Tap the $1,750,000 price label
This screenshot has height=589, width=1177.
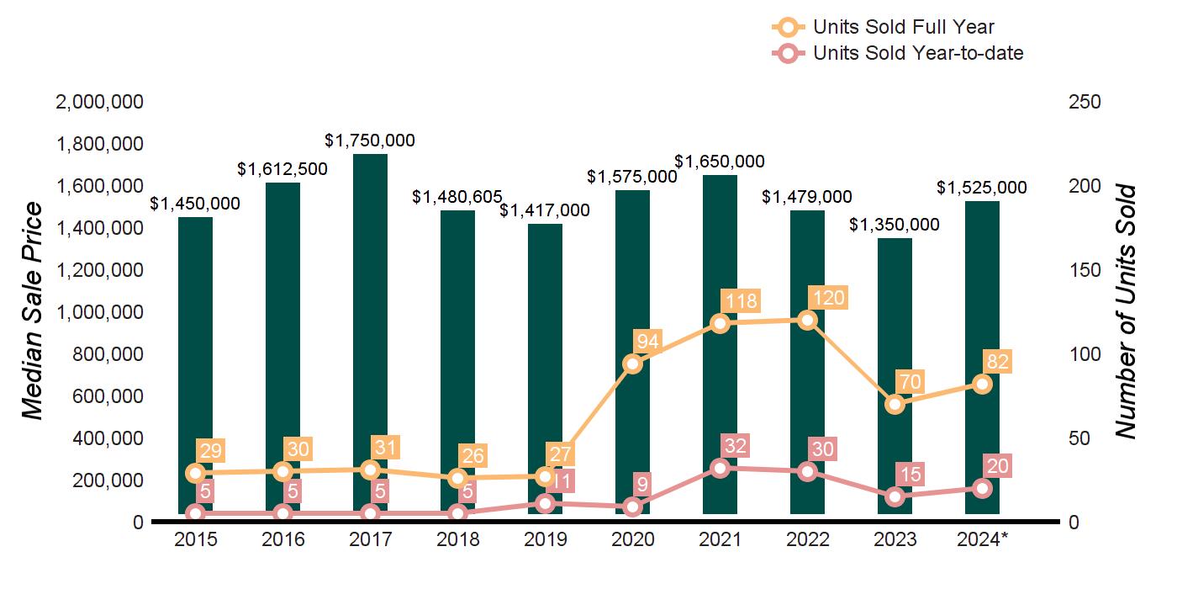[370, 141]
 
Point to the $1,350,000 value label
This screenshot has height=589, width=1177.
[895, 225]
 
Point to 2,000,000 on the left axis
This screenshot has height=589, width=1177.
[99, 102]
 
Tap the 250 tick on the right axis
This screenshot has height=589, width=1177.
[1085, 102]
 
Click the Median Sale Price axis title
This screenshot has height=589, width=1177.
[32, 311]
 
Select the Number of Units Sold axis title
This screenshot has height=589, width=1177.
[1126, 311]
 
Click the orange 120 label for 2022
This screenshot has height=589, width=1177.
[826, 299]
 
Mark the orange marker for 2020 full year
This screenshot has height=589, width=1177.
[632, 363]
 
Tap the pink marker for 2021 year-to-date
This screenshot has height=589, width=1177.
[720, 469]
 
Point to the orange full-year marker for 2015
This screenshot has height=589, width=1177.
[195, 473]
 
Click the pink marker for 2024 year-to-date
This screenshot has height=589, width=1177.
[982, 488]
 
